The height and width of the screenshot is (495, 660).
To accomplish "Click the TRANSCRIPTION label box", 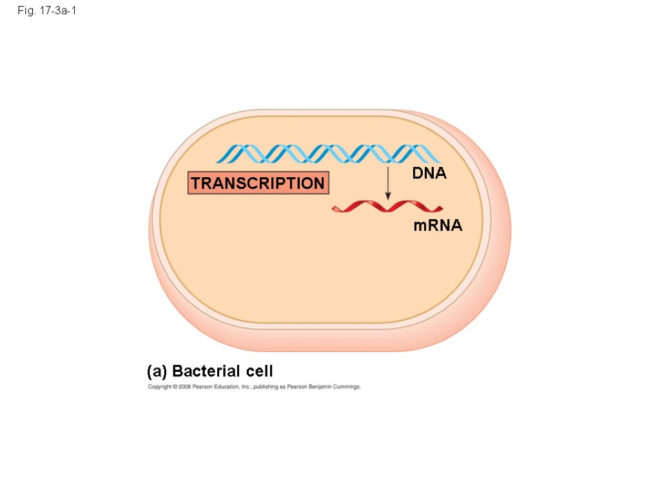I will point(258,183).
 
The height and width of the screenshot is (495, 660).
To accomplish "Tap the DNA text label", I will point(429,173).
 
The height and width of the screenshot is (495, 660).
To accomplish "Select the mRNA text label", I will point(438,226).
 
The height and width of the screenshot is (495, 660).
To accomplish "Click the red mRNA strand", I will point(387,207).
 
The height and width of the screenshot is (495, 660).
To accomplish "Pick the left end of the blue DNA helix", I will point(218,155).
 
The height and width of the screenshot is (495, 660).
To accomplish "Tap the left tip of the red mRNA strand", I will point(333,208).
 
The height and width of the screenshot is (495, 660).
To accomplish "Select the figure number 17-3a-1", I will point(56,11).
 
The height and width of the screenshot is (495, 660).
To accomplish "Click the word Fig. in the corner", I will point(24,11).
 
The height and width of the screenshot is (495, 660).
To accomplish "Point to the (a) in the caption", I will point(157,371).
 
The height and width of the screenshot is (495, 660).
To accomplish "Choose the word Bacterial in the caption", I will point(206,371).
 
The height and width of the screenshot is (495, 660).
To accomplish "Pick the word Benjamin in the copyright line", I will point(320,387).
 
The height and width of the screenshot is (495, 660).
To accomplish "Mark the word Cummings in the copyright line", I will point(347,387).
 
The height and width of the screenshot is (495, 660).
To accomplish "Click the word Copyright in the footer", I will point(159,387).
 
